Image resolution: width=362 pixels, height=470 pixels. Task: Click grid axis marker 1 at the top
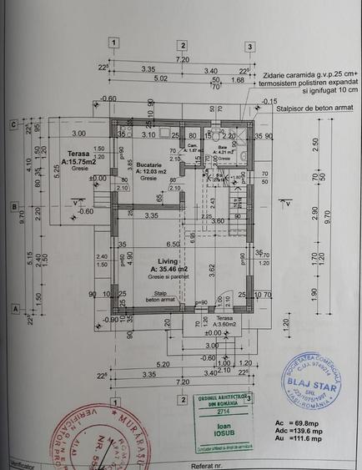114,43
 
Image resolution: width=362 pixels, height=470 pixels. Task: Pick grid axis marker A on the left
13,307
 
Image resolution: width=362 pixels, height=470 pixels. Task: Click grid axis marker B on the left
13,205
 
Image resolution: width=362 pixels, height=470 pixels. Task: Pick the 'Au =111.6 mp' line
296,447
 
